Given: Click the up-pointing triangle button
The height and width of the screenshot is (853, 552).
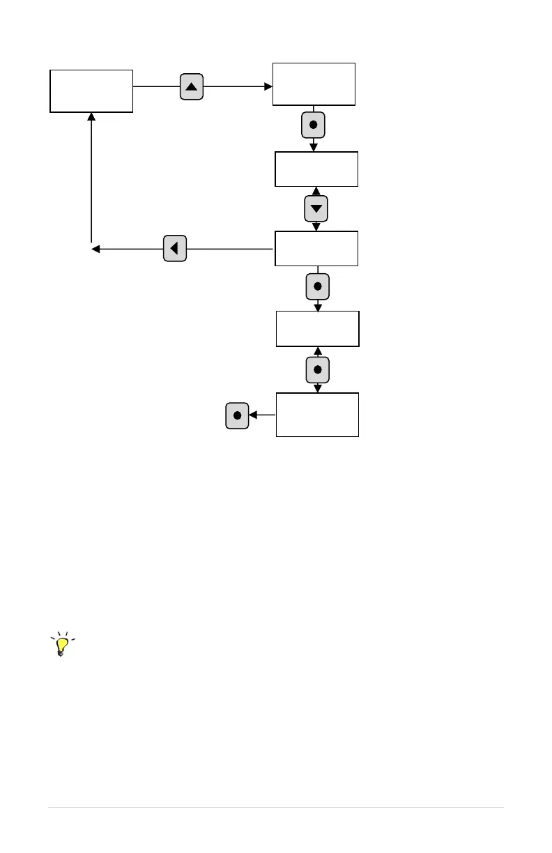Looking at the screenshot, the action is (192, 87).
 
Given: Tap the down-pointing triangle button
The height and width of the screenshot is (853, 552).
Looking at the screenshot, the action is (316, 208).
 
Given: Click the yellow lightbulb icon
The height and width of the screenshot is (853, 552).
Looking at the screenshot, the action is (63, 645).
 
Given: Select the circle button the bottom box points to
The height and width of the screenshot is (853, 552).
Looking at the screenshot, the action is (237, 415).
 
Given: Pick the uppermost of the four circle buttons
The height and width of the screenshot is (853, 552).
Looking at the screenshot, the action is (313, 125).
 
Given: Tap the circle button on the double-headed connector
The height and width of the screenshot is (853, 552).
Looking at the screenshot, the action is (317, 369).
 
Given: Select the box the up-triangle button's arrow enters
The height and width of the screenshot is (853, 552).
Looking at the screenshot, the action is (314, 84).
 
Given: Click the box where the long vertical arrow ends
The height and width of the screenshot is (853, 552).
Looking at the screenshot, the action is (91, 91).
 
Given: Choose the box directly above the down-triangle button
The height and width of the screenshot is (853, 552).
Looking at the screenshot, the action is (316, 169).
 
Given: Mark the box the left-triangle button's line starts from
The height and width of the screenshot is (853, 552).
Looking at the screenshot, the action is (316, 248).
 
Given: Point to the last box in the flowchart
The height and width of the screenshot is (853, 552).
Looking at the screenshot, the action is (317, 415).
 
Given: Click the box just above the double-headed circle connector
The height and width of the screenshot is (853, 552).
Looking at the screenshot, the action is (318, 329).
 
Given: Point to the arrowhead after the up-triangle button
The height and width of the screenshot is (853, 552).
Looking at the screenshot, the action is (268, 87).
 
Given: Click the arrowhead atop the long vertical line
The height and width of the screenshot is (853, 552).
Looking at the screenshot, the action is (91, 117).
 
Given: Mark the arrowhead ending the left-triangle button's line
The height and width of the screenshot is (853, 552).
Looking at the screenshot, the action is (95, 249).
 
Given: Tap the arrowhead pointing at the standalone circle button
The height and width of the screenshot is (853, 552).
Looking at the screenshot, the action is (253, 415).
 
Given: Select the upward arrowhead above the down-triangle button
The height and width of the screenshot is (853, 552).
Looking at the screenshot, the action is (316, 191).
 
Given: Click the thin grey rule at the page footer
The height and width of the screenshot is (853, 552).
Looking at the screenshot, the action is (275, 808).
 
